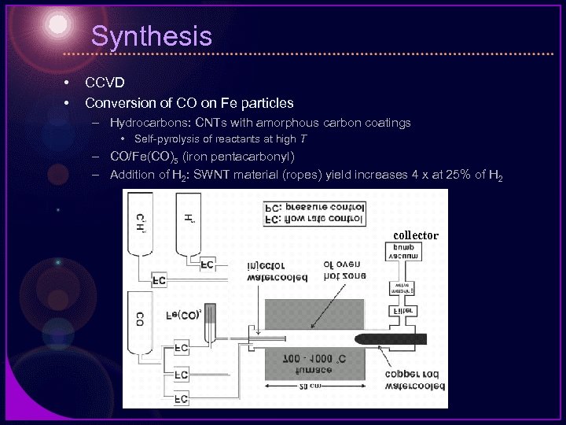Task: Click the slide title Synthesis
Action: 151,36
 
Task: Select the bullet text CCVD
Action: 105,82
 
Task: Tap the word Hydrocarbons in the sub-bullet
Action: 143,123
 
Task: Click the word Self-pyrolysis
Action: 168,139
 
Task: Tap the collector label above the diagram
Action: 415,235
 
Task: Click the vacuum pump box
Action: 402,252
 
